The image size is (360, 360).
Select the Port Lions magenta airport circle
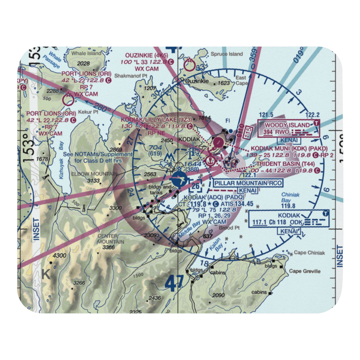click(68, 99)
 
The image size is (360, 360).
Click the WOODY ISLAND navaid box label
click(287, 125)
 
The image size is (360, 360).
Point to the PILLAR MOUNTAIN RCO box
click(248, 183)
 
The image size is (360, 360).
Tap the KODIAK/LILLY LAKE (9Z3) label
click(154, 120)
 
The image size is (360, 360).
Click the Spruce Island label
click(229, 54)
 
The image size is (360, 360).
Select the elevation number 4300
click(59, 256)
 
